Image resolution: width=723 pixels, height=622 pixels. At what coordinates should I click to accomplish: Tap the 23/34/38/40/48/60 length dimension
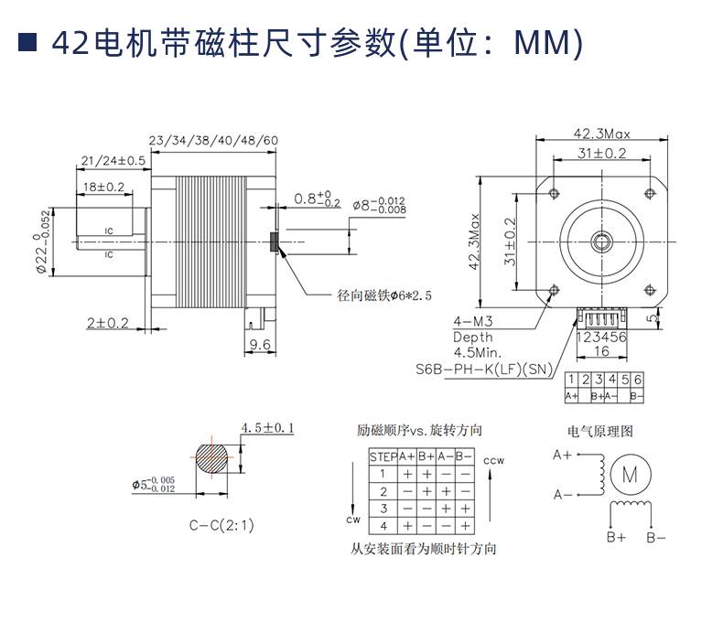click(212, 140)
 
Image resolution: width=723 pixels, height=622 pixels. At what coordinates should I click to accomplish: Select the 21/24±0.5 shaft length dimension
click(113, 160)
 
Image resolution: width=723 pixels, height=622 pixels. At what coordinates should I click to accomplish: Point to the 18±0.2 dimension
click(103, 187)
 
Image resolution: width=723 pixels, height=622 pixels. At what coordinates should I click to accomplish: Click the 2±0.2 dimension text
click(108, 323)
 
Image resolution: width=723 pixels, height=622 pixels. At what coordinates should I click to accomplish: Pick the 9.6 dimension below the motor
click(260, 345)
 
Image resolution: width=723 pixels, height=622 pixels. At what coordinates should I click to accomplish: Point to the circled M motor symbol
click(629, 474)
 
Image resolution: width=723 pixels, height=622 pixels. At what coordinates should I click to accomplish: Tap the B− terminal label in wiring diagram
click(656, 538)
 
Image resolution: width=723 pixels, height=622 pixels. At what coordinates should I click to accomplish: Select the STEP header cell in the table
click(382, 456)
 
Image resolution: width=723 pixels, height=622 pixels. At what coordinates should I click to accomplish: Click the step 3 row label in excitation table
click(383, 509)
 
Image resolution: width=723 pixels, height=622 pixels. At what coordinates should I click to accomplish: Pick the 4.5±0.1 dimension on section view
click(266, 427)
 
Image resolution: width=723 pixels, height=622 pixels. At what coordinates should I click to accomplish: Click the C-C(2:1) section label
click(221, 525)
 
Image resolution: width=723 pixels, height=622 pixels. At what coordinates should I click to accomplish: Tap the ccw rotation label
click(494, 460)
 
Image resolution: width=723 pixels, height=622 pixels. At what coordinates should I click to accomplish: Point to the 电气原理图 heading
click(600, 431)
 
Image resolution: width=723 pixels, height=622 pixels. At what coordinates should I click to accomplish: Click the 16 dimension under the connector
click(601, 351)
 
